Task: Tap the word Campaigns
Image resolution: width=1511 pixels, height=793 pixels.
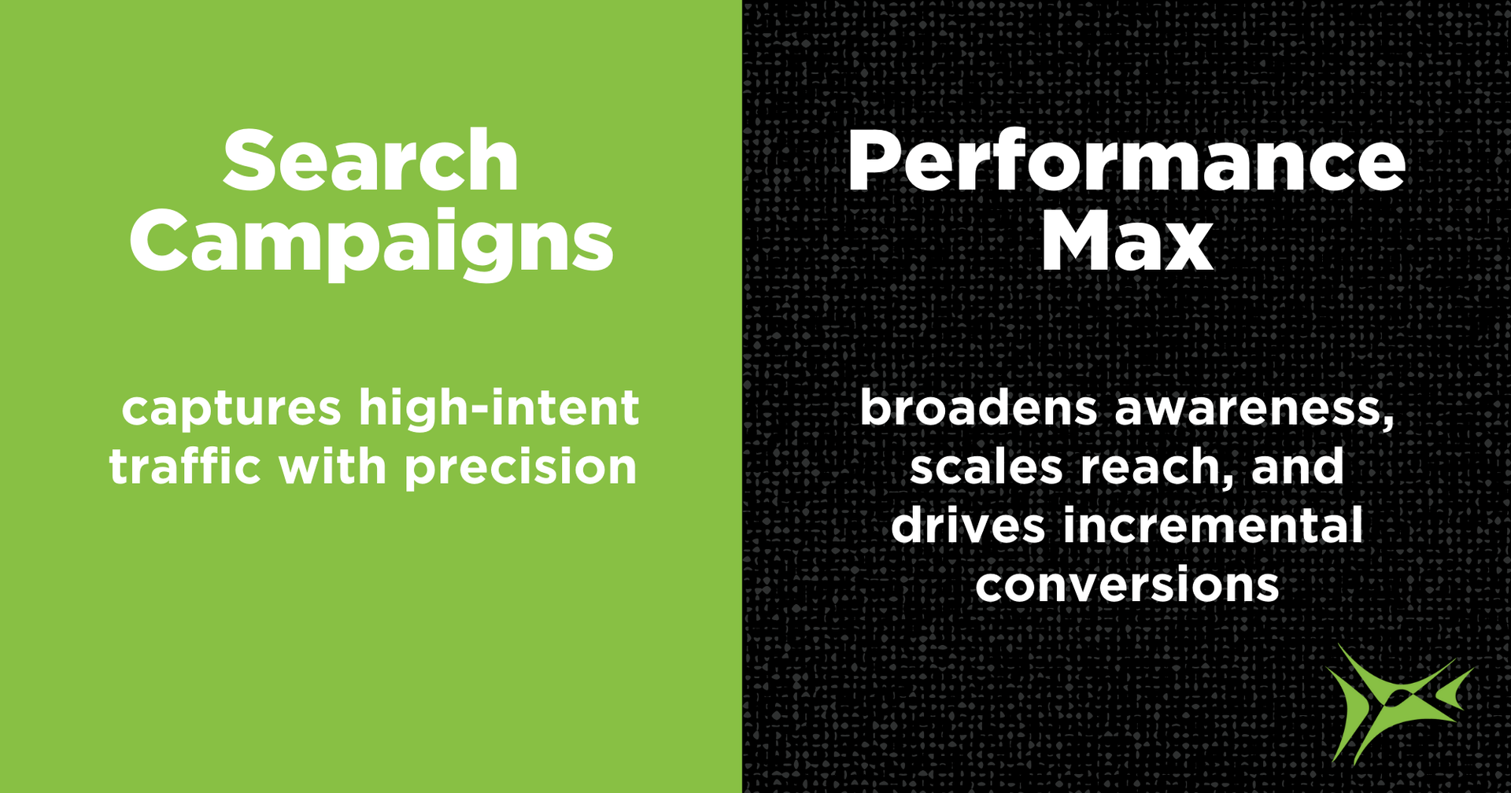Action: point(371,245)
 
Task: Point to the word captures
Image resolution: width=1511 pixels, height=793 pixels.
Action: point(231,410)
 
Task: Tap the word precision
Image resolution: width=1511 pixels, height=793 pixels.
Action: point(520,468)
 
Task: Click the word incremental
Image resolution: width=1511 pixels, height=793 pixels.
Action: point(1213,525)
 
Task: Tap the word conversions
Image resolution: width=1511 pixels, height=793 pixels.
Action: point(1127,585)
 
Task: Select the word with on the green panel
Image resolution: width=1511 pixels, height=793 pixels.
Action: point(333,466)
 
